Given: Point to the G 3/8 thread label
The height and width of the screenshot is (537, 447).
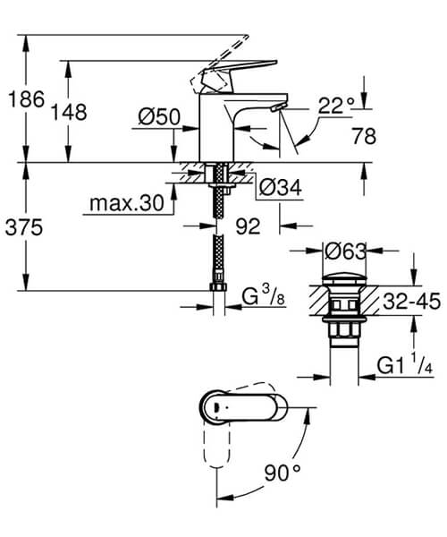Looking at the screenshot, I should tap(263, 293).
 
